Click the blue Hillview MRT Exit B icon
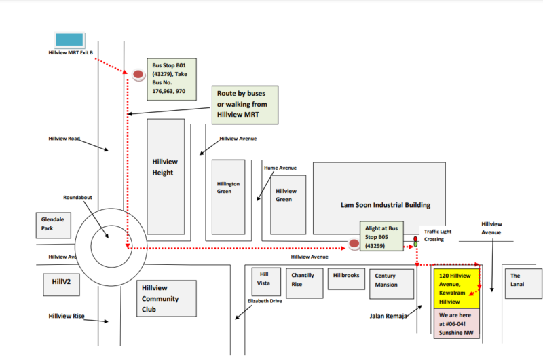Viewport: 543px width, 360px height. click(x=69, y=39)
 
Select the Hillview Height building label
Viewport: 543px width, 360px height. click(x=163, y=167)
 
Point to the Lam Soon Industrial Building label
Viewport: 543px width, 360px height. click(x=385, y=205)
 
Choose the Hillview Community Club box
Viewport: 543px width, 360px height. click(x=166, y=299)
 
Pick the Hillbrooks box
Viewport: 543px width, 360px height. click(x=345, y=276)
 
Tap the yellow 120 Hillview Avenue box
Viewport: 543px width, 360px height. click(x=456, y=289)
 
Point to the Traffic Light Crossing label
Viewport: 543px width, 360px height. click(x=438, y=236)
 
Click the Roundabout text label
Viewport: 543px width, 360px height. click(x=77, y=198)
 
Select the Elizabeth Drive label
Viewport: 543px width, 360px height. click(x=265, y=300)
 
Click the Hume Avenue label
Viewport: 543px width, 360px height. click(x=280, y=168)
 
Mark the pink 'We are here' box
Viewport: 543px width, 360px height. click(x=456, y=323)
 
